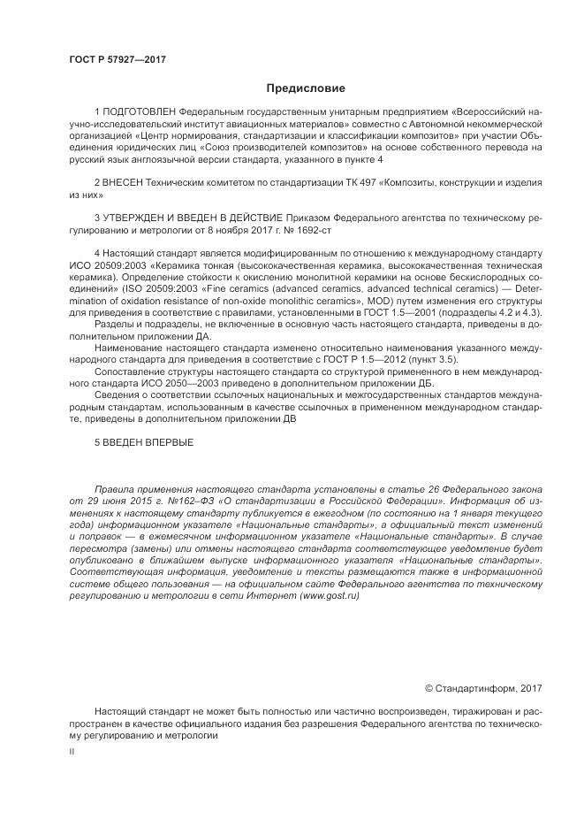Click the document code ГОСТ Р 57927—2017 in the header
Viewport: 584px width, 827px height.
click(x=117, y=59)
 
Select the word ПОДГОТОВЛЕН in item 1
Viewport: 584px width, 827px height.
click(x=140, y=114)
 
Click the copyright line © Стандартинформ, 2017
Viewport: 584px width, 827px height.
click(x=485, y=688)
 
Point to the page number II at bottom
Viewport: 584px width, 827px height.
click(x=72, y=751)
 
